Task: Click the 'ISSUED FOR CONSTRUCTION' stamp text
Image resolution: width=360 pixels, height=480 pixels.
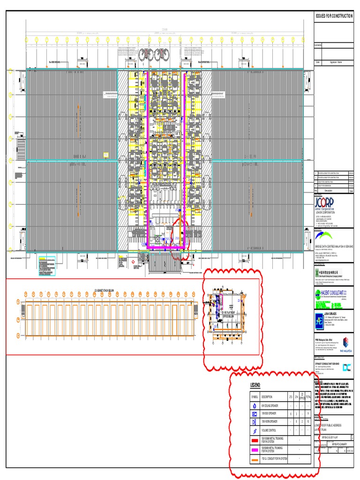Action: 334,16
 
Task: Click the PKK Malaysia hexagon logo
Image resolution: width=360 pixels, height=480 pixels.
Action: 346,342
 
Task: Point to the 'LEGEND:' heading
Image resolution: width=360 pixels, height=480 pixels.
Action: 256,385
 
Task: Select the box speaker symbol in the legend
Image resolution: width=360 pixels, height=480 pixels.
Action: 255,414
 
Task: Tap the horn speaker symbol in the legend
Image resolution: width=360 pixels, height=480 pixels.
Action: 255,422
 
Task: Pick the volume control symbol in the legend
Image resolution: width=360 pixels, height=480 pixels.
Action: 255,430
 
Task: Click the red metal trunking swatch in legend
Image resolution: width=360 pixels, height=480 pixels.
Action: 255,441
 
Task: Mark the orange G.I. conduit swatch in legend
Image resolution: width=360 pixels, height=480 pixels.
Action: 255,460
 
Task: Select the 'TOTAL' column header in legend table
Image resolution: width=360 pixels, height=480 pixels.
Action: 308,397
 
